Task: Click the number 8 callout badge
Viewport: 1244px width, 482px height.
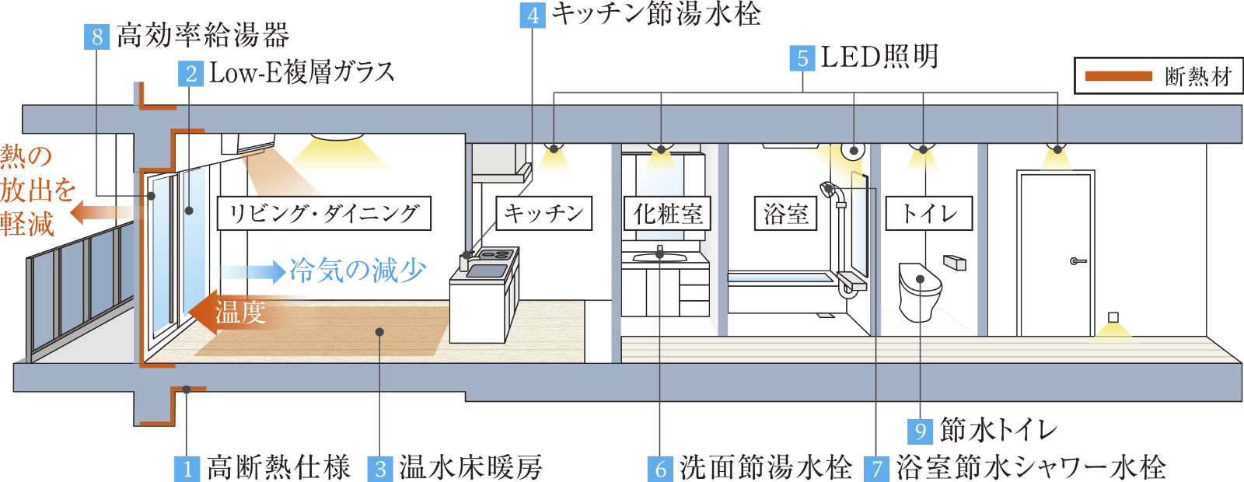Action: pyautogui.click(x=97, y=37)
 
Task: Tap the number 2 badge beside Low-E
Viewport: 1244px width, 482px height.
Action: pyautogui.click(x=190, y=74)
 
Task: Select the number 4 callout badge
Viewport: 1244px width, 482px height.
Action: pyautogui.click(x=533, y=16)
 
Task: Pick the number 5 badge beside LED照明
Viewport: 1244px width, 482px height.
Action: pyautogui.click(x=802, y=58)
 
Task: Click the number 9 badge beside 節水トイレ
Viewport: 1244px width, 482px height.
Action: pyautogui.click(x=921, y=431)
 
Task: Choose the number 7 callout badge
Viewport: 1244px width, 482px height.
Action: pyautogui.click(x=878, y=468)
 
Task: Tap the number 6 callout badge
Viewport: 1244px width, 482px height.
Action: pyautogui.click(x=660, y=468)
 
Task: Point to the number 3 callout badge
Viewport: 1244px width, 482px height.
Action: pyautogui.click(x=380, y=468)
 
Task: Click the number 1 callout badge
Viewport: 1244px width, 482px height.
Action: pyautogui.click(x=187, y=468)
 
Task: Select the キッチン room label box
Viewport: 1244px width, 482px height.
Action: pyautogui.click(x=544, y=213)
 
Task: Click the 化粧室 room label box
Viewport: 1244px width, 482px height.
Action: pyautogui.click(x=667, y=213)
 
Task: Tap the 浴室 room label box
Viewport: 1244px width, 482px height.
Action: pyautogui.click(x=786, y=213)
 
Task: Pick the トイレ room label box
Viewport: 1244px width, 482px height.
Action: pyautogui.click(x=929, y=213)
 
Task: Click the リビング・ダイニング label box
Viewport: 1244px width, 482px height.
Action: pyautogui.click(x=324, y=213)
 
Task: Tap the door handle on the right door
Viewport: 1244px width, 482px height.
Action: pyautogui.click(x=1077, y=261)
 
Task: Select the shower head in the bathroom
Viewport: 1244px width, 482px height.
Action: pyautogui.click(x=829, y=188)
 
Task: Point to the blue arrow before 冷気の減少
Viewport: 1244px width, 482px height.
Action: pyautogui.click(x=253, y=271)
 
